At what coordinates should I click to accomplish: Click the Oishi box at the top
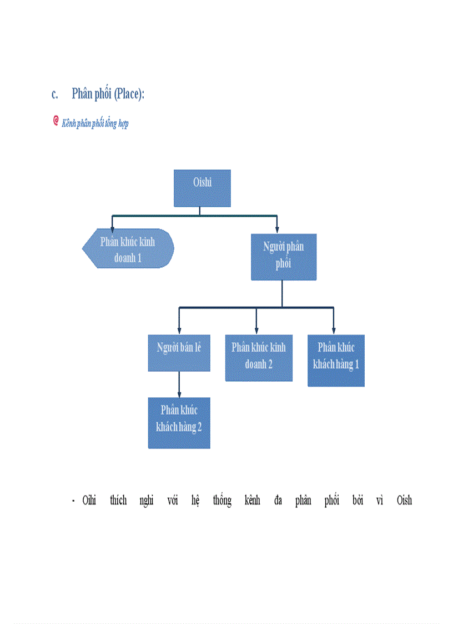pyautogui.click(x=202, y=188)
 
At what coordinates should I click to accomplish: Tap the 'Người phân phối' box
pyautogui.click(x=283, y=256)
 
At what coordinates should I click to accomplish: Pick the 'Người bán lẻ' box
pyautogui.click(x=179, y=352)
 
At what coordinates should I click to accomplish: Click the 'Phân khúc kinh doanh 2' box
pyautogui.click(x=258, y=357)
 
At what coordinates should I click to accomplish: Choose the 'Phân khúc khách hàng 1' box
pyautogui.click(x=336, y=360)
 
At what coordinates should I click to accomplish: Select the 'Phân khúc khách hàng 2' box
pyautogui.click(x=179, y=422)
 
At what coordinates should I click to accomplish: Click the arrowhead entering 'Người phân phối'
pyautogui.click(x=276, y=228)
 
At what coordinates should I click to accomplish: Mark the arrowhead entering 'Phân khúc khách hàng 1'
pyautogui.click(x=334, y=329)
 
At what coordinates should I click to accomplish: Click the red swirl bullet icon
pyautogui.click(x=56, y=121)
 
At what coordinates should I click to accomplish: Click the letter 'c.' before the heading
pyautogui.click(x=55, y=94)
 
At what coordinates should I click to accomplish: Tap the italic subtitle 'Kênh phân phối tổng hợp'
pyautogui.click(x=95, y=123)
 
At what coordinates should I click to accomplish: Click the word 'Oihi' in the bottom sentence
pyautogui.click(x=89, y=500)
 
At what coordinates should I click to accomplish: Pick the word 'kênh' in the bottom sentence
pyautogui.click(x=252, y=500)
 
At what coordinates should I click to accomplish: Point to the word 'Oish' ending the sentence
pyautogui.click(x=404, y=500)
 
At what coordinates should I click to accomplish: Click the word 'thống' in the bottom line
pyautogui.click(x=222, y=501)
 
